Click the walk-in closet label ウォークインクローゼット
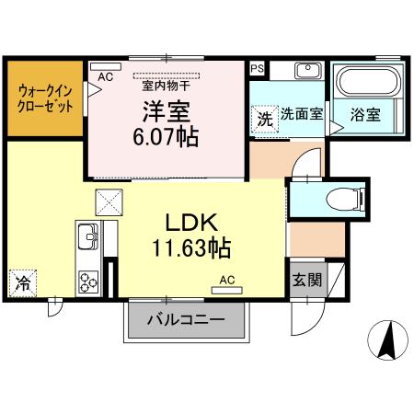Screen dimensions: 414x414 [x=44, y=98]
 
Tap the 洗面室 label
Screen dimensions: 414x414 [x=301, y=116]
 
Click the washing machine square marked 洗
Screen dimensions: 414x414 [x=264, y=119]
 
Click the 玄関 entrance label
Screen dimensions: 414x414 [x=306, y=280]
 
